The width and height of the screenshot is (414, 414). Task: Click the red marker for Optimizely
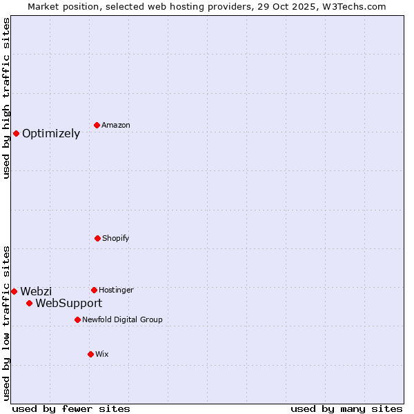(x=16, y=133)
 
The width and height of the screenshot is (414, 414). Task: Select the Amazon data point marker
(x=97, y=125)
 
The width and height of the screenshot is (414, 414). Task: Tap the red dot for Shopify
(x=97, y=238)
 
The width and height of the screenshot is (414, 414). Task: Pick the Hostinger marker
(x=94, y=290)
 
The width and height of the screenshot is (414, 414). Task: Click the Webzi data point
(x=14, y=291)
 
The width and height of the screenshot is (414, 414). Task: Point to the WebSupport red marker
(x=29, y=303)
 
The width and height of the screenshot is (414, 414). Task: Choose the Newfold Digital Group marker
(x=77, y=319)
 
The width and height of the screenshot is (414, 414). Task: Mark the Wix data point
(x=90, y=354)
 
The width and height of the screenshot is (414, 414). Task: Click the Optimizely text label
(x=51, y=134)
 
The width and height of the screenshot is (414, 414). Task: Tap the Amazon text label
(x=116, y=126)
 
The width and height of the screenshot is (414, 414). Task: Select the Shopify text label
(x=116, y=239)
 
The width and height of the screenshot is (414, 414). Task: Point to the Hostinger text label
(x=116, y=290)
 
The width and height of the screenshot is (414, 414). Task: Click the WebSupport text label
(x=69, y=304)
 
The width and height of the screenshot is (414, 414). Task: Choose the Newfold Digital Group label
(x=122, y=320)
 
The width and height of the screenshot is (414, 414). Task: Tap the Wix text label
(x=102, y=355)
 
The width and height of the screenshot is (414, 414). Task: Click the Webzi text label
(x=36, y=292)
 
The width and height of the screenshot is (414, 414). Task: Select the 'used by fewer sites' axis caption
(x=71, y=408)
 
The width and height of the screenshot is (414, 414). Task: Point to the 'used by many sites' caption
(x=346, y=408)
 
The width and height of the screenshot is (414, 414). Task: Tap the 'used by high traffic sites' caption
(x=6, y=99)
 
